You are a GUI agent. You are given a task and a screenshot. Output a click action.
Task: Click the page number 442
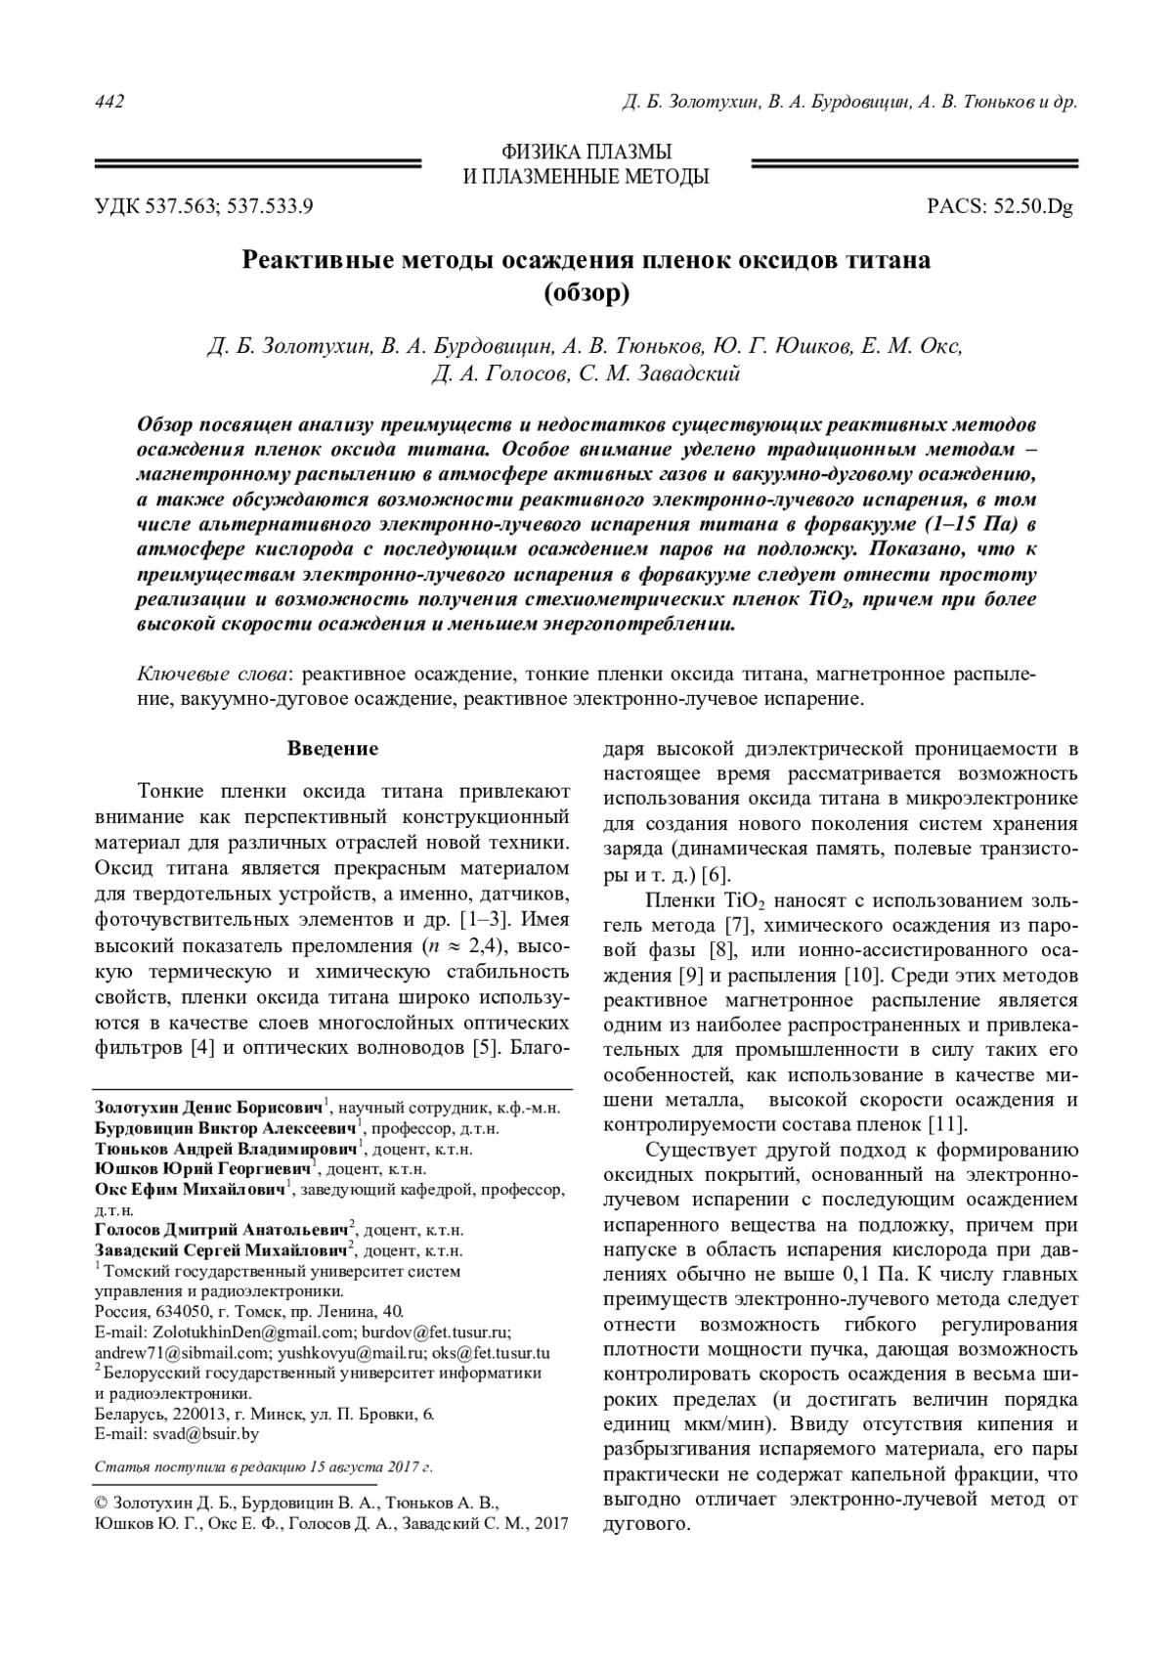point(109,103)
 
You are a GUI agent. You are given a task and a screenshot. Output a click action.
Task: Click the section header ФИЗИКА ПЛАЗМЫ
point(586,152)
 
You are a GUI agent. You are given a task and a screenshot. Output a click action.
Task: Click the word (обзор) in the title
point(586,292)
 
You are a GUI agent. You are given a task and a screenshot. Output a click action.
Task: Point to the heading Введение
point(332,749)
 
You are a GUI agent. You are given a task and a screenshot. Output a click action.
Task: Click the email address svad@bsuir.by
point(205,1435)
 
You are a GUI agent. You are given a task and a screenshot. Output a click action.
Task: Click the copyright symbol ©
point(101,1501)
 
